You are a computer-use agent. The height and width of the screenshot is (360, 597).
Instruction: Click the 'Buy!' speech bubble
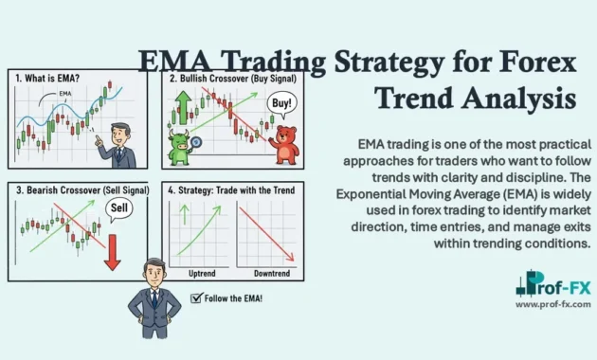pyautogui.click(x=281, y=103)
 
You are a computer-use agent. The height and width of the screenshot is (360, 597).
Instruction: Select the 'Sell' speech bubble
pyautogui.click(x=114, y=207)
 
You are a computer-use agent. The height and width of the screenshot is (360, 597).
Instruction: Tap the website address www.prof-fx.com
pyautogui.click(x=553, y=304)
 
